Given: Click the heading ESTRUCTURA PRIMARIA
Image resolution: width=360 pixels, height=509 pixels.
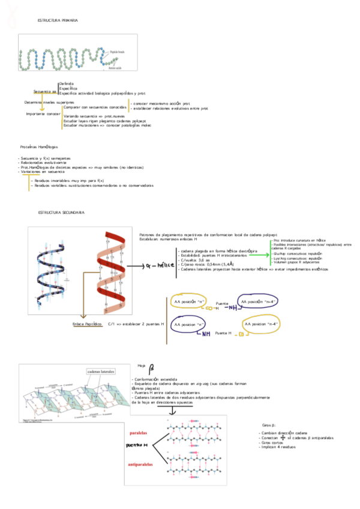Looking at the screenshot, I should (58, 20).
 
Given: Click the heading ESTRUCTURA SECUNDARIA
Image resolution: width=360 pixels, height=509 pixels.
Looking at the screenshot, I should (61, 212).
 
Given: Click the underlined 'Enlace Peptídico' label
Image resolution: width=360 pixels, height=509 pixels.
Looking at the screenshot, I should (86, 324).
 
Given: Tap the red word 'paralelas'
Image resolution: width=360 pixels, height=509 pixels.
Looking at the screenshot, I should (139, 432).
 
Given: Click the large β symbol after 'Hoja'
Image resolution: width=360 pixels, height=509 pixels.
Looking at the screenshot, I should (152, 367).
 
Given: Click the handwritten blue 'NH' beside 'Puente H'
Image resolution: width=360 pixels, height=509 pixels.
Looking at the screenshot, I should (204, 334).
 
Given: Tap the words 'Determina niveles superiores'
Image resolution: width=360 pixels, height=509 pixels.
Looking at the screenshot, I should (44, 102).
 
